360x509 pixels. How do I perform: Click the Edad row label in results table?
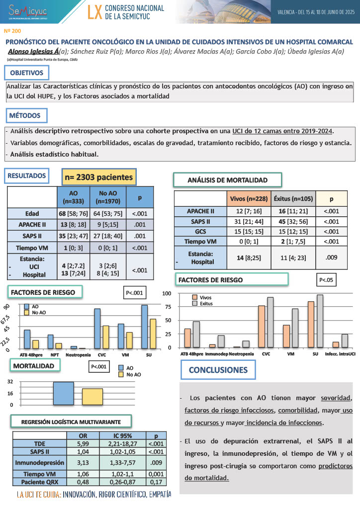coord(32,213)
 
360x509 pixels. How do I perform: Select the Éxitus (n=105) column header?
coord(293,199)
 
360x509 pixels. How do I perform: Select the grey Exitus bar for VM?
coord(295,328)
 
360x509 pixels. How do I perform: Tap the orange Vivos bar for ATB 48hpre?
coord(187,338)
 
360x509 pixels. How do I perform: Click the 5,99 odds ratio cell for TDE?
coord(82,443)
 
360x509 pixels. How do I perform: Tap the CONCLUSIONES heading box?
coord(218,370)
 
